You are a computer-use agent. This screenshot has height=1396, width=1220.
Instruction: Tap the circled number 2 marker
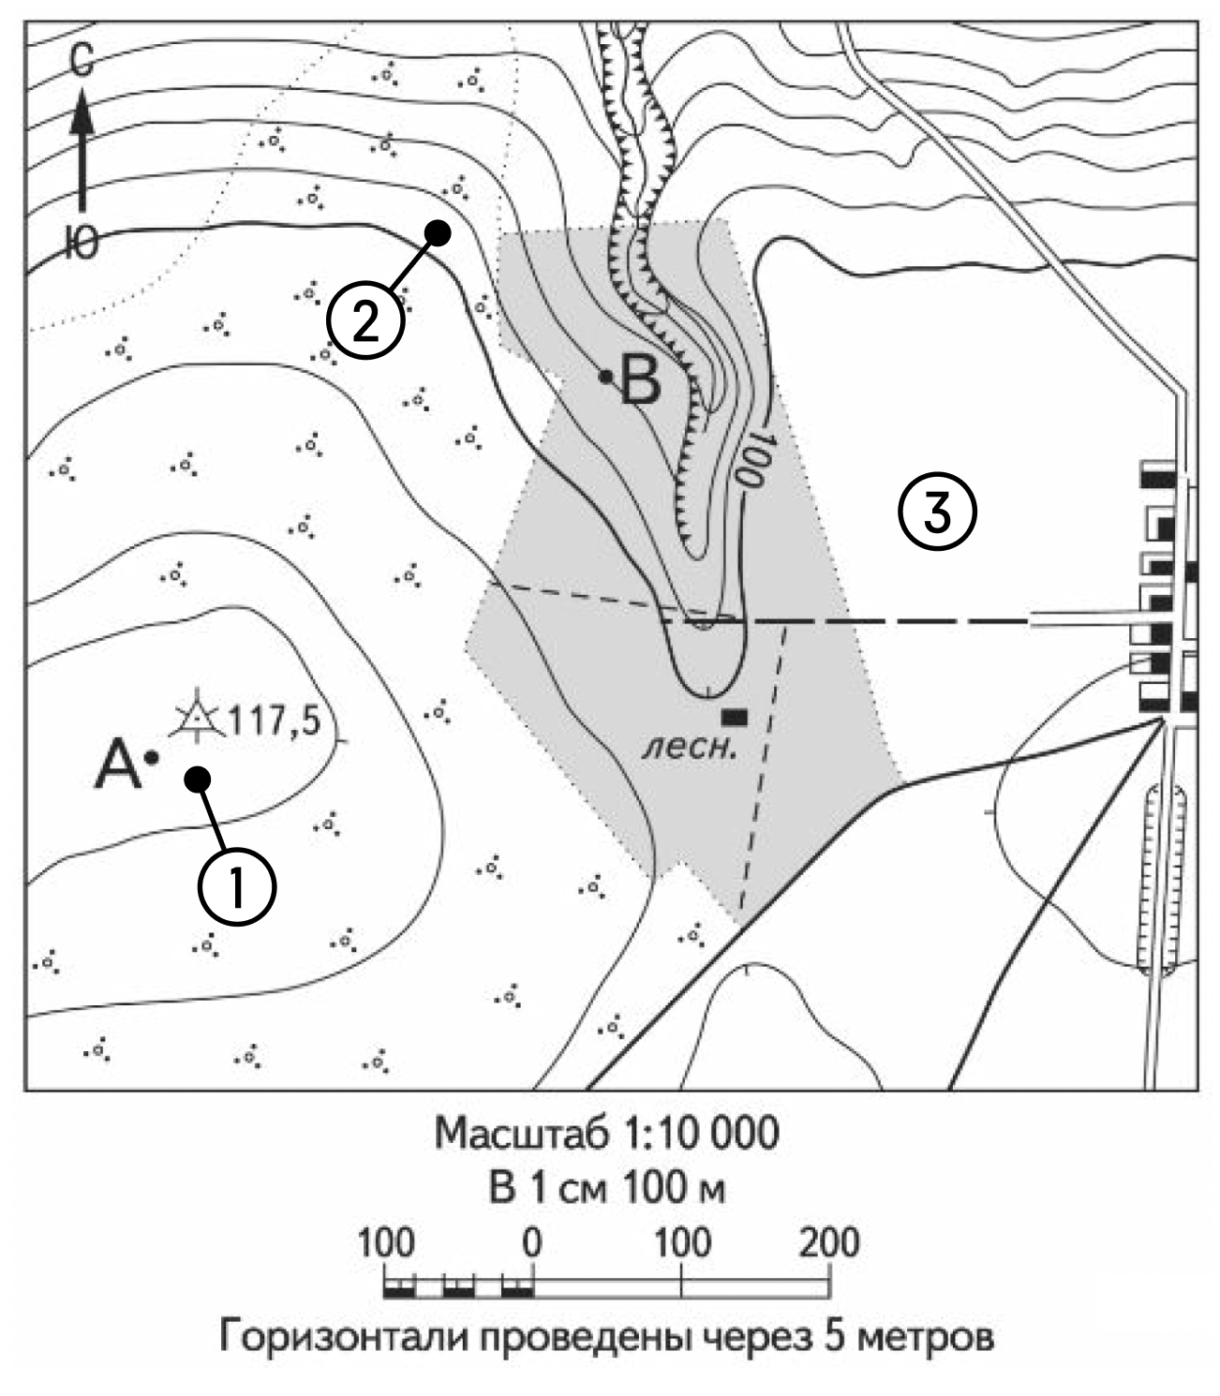pyautogui.click(x=365, y=321)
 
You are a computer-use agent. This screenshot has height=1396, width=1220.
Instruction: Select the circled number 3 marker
pyautogui.click(x=938, y=512)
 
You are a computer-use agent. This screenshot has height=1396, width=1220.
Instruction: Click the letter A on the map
pyautogui.click(x=117, y=763)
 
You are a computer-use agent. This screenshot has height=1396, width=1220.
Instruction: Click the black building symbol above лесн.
pyautogui.click(x=734, y=718)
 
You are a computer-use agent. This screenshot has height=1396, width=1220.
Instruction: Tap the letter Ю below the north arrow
pyautogui.click(x=82, y=245)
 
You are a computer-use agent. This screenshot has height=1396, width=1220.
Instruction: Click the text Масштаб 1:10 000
pyautogui.click(x=606, y=1135)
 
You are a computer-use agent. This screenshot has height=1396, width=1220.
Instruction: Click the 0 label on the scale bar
pyautogui.click(x=531, y=1243)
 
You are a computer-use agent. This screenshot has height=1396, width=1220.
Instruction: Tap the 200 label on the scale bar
pyautogui.click(x=829, y=1243)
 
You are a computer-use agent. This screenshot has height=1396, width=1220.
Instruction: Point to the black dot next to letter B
pyautogui.click(x=606, y=377)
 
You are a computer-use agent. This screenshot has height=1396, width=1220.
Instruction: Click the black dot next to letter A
pyautogui.click(x=152, y=756)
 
